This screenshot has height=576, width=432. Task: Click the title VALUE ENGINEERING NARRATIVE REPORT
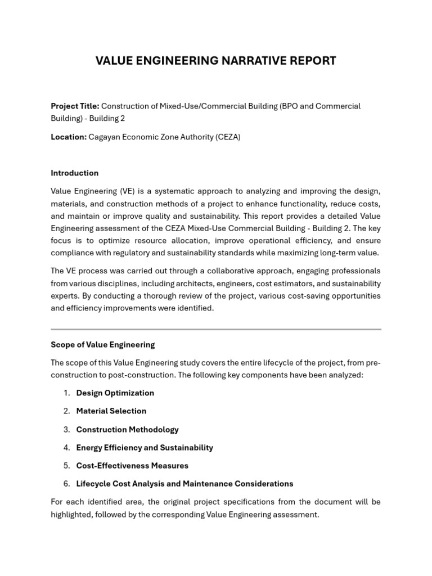pyautogui.click(x=215, y=61)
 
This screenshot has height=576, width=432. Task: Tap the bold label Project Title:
pyautogui.click(x=75, y=106)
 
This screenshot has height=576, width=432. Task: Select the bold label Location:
pyautogui.click(x=69, y=137)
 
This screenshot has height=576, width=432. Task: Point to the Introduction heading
pyautogui.click(x=74, y=173)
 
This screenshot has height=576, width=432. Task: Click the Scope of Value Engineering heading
pyautogui.click(x=102, y=344)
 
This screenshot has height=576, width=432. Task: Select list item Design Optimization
pyautogui.click(x=115, y=393)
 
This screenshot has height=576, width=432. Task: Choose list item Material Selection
pyautogui.click(x=111, y=411)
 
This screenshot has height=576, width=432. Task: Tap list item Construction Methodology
pyautogui.click(x=127, y=430)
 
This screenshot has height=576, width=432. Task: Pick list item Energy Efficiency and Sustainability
pyautogui.click(x=145, y=448)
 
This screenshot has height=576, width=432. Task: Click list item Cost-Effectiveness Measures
pyautogui.click(x=132, y=466)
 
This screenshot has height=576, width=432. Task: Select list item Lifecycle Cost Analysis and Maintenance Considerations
pyautogui.click(x=184, y=484)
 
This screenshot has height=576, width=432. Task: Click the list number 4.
pyautogui.click(x=66, y=448)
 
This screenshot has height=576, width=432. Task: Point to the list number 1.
pyautogui.click(x=66, y=393)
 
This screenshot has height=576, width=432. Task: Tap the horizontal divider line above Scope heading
pyautogui.click(x=215, y=329)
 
